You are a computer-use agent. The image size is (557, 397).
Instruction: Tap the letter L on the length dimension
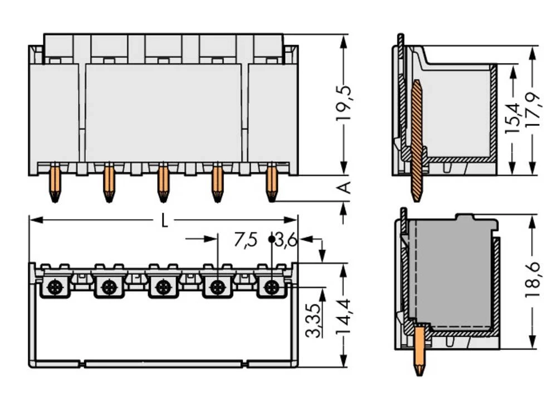164,221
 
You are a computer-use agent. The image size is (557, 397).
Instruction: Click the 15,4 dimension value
513,116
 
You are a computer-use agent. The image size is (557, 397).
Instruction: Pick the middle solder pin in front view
163,182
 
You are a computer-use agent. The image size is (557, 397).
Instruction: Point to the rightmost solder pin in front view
271,182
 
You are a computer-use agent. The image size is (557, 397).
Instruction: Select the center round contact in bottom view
163,288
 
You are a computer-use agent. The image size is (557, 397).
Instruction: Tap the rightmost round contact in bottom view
271,288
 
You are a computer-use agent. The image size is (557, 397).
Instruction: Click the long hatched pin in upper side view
416,139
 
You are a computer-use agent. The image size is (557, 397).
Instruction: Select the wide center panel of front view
163,112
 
